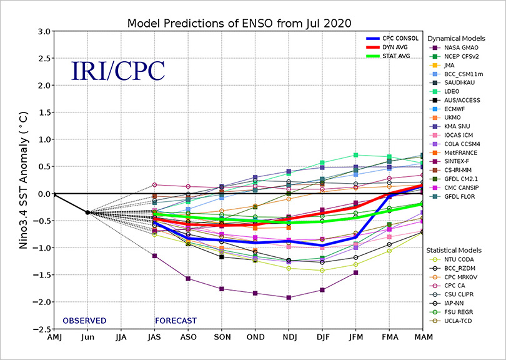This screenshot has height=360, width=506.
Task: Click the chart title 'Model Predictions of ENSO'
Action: pos(239,23)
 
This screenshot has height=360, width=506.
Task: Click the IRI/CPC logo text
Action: pos(119,71)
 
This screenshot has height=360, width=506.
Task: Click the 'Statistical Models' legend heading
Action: pos(462,250)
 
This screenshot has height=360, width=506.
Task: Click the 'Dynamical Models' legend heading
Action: pos(461,37)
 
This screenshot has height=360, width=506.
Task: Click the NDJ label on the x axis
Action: pos(289,338)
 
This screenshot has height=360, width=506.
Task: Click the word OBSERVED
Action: pos(84,321)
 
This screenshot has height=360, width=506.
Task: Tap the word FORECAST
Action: pos(176,321)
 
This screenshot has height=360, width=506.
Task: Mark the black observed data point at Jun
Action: pos(87,212)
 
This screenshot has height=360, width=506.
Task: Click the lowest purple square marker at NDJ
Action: pos(289,297)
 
